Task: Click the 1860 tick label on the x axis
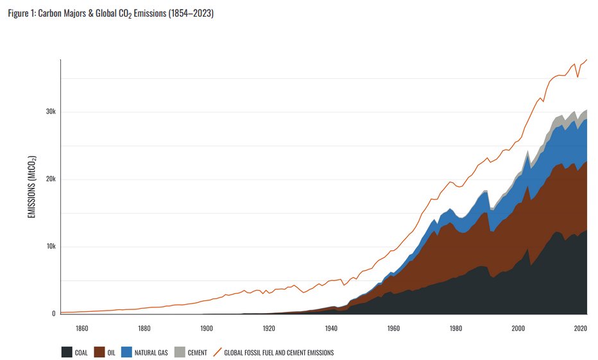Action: pos(81,329)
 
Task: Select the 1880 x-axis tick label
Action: pos(144,329)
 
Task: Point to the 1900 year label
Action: pos(206,329)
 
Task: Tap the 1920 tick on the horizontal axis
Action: pos(269,329)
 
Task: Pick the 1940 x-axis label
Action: pos(331,329)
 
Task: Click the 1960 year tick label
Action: pos(393,329)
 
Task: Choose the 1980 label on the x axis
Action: pos(456,329)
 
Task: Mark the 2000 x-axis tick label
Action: pos(518,329)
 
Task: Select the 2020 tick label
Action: pos(580,329)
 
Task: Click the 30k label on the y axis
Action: pos(51,112)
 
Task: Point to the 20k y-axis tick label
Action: pos(51,180)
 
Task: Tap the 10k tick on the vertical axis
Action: pos(51,246)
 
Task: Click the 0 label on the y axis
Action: pos(55,314)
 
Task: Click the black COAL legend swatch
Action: pos(66,352)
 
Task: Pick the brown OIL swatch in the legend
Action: pos(99,352)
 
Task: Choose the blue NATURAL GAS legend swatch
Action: pos(126,352)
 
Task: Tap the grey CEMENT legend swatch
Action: pos(179,352)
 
